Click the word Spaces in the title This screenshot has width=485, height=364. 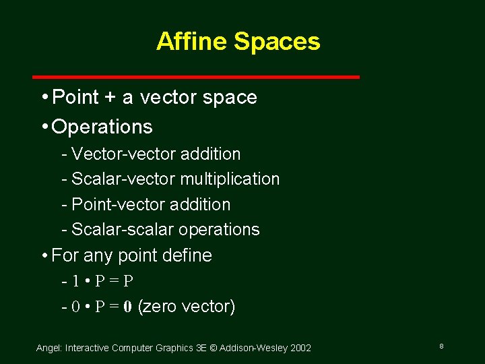point(277,42)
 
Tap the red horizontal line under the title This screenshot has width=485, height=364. point(196,77)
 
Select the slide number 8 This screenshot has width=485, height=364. point(441,346)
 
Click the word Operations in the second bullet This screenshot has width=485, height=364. point(102,127)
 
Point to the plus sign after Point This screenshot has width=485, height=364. point(110,98)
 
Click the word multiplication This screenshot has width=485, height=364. point(230,179)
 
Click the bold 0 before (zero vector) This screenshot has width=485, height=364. point(128,307)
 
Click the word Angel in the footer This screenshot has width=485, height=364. point(48,348)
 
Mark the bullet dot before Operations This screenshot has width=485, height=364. point(44,127)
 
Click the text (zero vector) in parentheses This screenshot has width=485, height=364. point(187,307)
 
